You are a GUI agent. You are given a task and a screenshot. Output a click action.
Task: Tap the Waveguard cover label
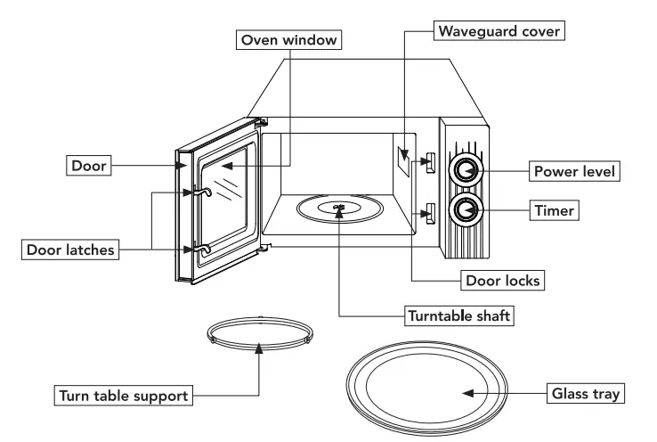tap(499, 31)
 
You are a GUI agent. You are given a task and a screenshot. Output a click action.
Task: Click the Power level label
tap(573, 170)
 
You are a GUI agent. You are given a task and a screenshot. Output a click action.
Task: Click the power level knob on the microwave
tap(464, 170)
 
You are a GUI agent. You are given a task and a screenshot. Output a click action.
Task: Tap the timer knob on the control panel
tap(464, 210)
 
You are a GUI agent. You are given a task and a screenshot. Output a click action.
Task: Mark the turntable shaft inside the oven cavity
tap(338, 209)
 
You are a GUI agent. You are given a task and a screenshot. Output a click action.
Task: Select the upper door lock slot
tap(429, 161)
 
